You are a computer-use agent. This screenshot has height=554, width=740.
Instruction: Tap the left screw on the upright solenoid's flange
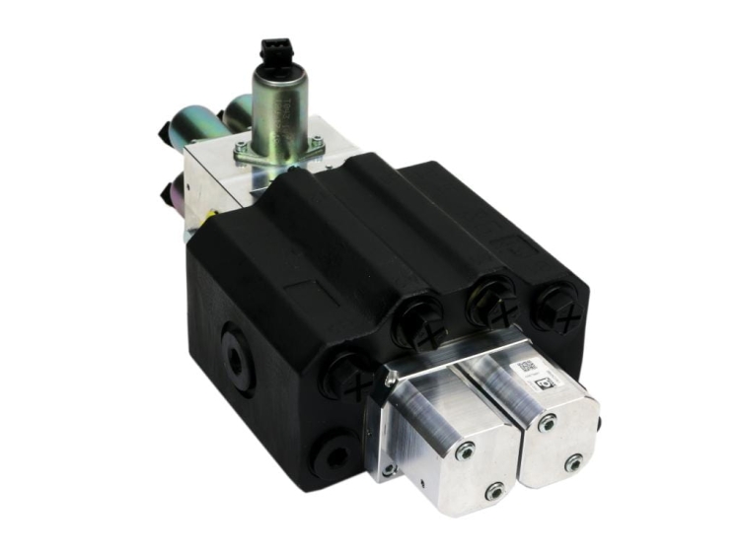240,147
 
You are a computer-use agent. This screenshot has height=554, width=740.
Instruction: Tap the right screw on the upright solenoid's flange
318,143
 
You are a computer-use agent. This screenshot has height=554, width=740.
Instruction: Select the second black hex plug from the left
418,325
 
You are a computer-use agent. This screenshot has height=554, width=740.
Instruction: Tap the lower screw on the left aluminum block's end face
493,490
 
